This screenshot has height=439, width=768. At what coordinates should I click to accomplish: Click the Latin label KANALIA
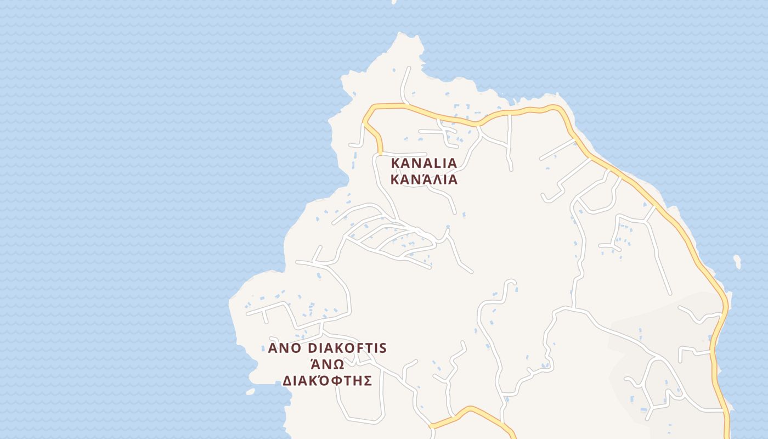(423, 163)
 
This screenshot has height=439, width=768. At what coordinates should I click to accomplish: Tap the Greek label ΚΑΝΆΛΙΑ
(423, 179)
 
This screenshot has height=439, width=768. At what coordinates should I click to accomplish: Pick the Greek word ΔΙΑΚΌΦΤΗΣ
(327, 380)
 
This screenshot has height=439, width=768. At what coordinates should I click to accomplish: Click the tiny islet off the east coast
(737, 262)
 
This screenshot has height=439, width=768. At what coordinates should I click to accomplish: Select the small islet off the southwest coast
(250, 392)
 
